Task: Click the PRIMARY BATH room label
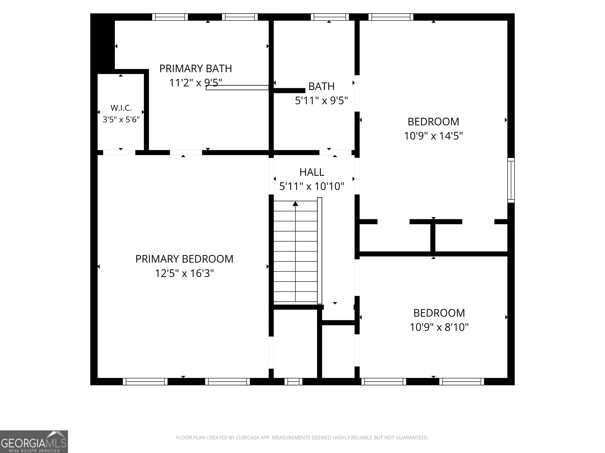196,69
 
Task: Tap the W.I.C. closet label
121,108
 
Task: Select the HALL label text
312,172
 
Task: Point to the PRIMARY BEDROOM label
184,259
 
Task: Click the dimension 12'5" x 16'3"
184,273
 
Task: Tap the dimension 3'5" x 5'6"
121,120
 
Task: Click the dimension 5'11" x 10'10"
312,187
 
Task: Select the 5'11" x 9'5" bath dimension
321,101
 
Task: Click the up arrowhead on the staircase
295,203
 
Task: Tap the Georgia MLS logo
34,442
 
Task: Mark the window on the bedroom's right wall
511,180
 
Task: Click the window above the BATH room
330,17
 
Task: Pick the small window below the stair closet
293,381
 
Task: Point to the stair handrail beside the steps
319,251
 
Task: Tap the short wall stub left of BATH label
289,90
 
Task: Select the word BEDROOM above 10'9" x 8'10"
439,313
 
